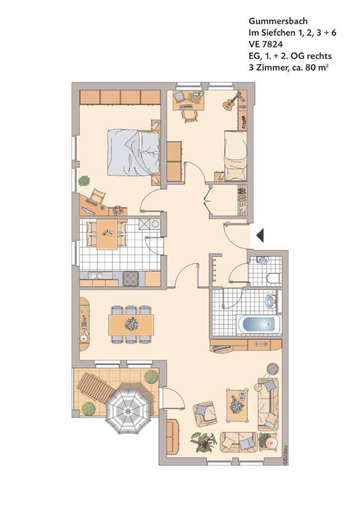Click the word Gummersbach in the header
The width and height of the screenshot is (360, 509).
tap(278, 21)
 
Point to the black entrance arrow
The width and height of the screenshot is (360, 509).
tap(260, 236)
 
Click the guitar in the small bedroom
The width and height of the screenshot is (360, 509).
tap(231, 101)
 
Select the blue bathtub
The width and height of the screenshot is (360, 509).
tap(259, 324)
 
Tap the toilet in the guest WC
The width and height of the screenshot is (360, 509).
tap(273, 278)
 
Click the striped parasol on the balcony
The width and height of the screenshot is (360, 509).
tap(129, 411)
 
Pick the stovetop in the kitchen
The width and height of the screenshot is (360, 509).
tap(131, 278)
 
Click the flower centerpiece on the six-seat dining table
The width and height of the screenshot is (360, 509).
tap(131, 324)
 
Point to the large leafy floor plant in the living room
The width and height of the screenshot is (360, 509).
tap(204, 441)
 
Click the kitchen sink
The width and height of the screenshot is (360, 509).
tap(96, 276)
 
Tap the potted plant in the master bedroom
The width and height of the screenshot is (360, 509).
tap(84, 181)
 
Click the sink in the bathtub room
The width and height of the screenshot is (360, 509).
tap(270, 301)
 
